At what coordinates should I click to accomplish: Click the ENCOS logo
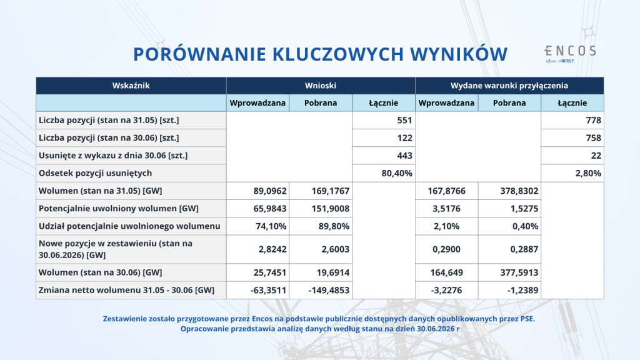click(570, 54)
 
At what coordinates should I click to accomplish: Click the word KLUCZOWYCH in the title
click(338, 54)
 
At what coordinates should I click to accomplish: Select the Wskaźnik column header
click(131, 86)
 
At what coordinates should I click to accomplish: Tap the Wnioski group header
click(321, 86)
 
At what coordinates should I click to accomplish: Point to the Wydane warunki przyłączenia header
click(509, 86)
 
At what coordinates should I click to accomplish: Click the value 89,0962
click(270, 191)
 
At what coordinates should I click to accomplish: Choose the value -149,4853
click(329, 290)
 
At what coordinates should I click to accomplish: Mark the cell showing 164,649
click(446, 272)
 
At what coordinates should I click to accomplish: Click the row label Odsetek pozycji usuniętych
click(95, 173)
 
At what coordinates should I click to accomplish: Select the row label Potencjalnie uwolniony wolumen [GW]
click(118, 209)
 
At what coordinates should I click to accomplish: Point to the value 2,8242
click(272, 249)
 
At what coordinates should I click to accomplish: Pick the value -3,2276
click(446, 290)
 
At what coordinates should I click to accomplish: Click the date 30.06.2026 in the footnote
click(436, 329)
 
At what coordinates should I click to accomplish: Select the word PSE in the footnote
click(527, 319)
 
